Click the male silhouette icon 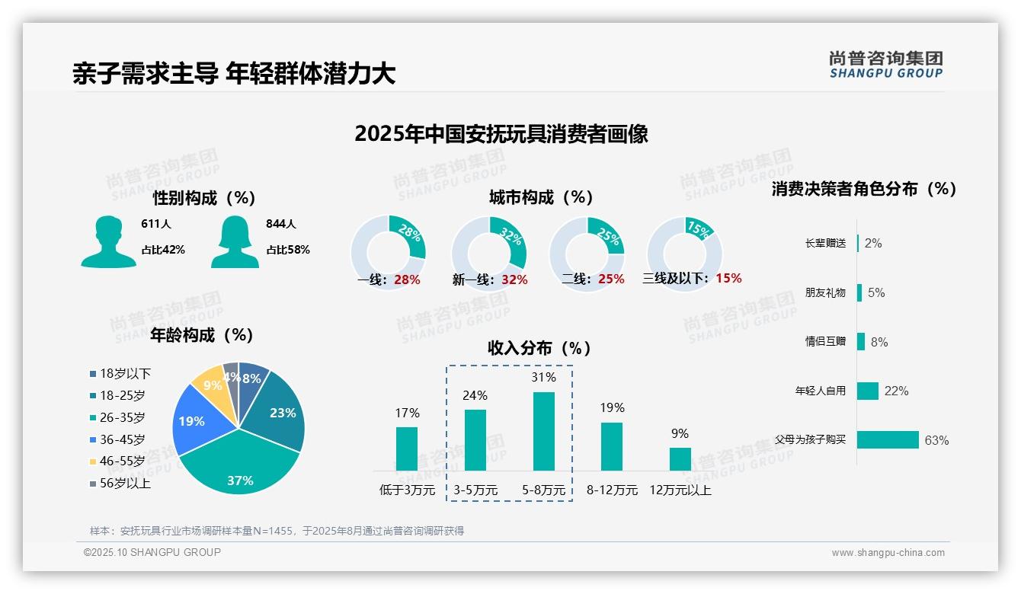pos(109,241)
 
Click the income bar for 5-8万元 pos(543,431)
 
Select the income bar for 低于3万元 pos(407,449)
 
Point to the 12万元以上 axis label pos(680,490)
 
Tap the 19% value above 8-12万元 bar pos(612,407)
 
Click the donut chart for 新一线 pos(488,254)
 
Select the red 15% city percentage pos(728,278)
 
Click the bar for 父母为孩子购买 pos(888,439)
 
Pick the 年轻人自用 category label pos(821,391)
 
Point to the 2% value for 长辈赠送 pos(873,243)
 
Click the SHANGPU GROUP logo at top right pos(885,65)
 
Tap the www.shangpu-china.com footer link pos(888,553)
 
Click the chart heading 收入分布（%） pos(539,348)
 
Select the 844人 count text pos(281,224)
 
